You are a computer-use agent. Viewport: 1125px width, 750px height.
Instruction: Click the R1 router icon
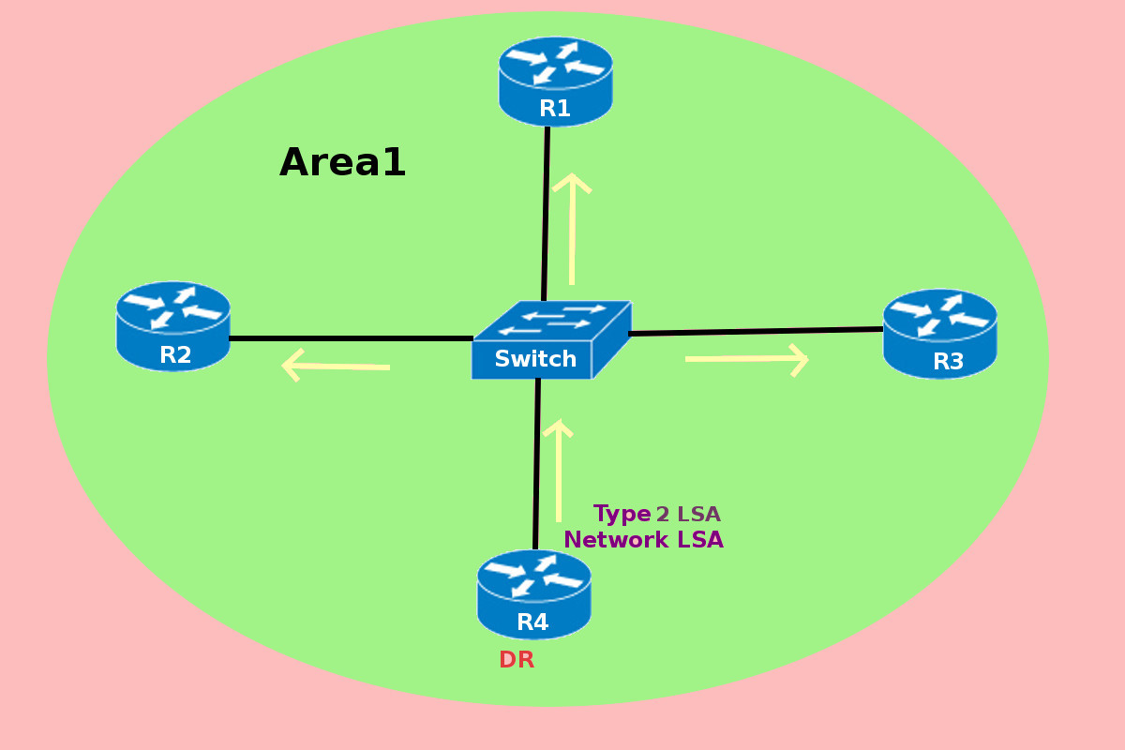pyautogui.click(x=555, y=81)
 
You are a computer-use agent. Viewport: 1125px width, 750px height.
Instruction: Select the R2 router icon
pyautogui.click(x=173, y=325)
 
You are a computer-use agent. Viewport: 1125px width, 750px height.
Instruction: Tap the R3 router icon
pyautogui.click(x=939, y=333)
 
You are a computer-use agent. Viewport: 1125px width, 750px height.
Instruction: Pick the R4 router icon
pyautogui.click(x=533, y=593)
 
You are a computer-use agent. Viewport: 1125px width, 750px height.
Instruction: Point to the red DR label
pyautogui.click(x=517, y=660)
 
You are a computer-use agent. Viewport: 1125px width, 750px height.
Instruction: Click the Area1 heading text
pyautogui.click(x=342, y=163)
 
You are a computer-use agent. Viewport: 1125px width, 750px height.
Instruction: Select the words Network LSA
pyautogui.click(x=643, y=540)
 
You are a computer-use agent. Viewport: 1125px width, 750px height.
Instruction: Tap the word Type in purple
pyautogui.click(x=622, y=514)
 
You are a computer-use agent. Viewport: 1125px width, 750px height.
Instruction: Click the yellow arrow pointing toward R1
pyautogui.click(x=572, y=229)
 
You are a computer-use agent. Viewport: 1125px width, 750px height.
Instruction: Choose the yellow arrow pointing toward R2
pyautogui.click(x=336, y=366)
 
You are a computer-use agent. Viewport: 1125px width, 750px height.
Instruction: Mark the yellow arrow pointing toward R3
pyautogui.click(x=747, y=359)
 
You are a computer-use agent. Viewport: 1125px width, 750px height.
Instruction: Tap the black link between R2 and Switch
pyautogui.click(x=351, y=338)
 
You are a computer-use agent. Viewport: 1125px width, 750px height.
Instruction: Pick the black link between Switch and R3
pyautogui.click(x=756, y=331)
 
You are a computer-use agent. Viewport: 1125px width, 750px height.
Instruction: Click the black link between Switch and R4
pyautogui.click(x=537, y=464)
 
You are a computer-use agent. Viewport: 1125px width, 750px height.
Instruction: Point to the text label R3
pyautogui.click(x=948, y=362)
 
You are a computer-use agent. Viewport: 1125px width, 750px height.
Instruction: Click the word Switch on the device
pyautogui.click(x=535, y=359)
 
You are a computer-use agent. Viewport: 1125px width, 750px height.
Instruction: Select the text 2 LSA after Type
pyautogui.click(x=688, y=515)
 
